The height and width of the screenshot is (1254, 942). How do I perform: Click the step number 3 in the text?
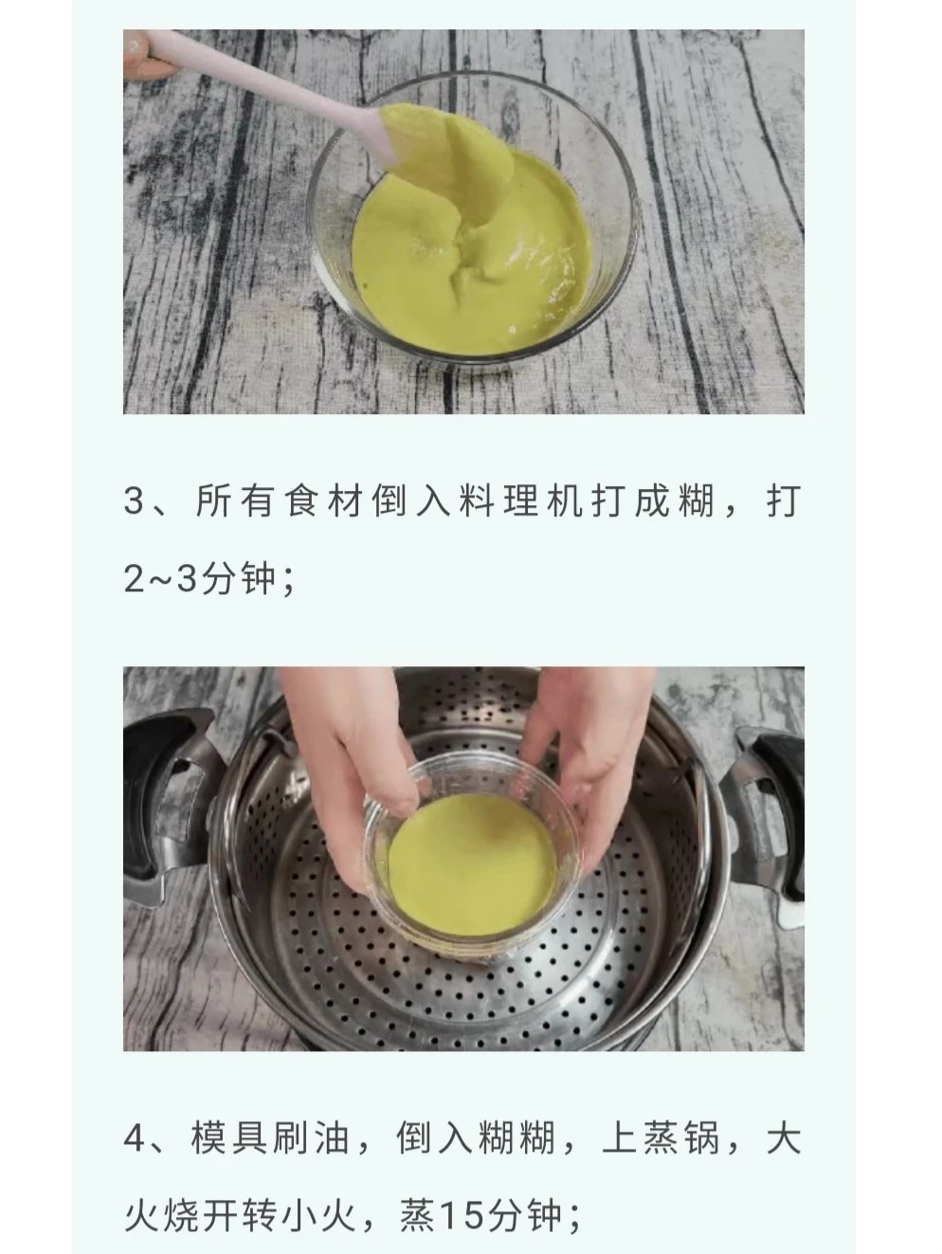(136, 500)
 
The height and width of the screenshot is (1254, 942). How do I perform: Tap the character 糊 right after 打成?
(696, 501)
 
